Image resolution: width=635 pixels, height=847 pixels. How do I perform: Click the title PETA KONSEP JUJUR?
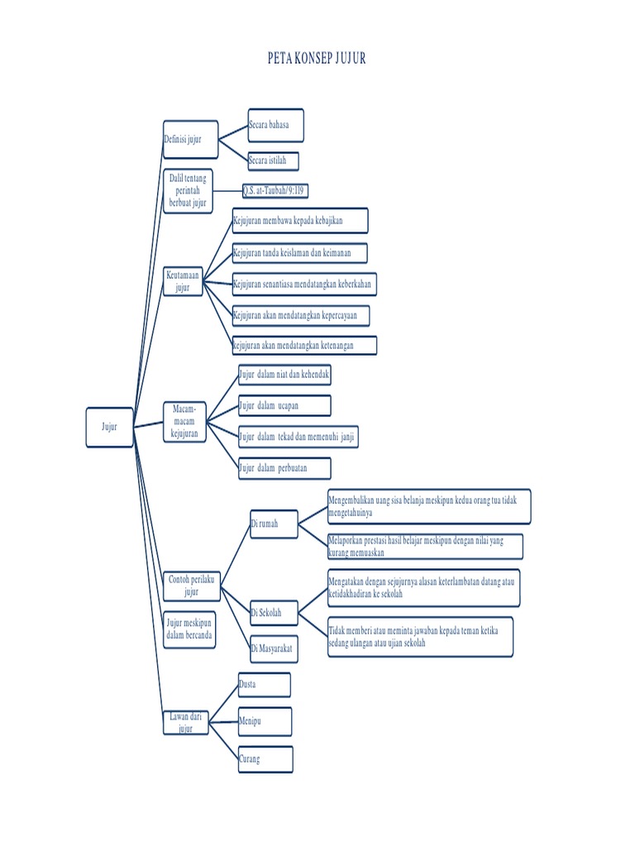tap(317, 59)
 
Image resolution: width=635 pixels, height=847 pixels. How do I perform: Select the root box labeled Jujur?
tap(110, 428)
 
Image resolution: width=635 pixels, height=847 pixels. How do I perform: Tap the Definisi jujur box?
tap(191, 139)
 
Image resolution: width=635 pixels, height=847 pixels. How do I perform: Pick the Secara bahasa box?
tap(276, 126)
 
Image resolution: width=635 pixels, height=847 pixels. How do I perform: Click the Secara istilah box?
tap(273, 161)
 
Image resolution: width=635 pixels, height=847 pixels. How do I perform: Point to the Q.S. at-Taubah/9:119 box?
tap(275, 191)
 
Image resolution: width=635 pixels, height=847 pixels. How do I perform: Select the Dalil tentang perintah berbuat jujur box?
tap(188, 191)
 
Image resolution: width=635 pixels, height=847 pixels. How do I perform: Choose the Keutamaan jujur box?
tap(183, 281)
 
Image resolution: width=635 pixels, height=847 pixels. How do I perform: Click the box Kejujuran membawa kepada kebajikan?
tap(300, 220)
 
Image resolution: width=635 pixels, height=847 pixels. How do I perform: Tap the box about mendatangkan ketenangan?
tap(304, 345)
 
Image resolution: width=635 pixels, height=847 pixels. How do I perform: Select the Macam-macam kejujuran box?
tap(184, 422)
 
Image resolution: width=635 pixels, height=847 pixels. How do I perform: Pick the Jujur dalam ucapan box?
tap(284, 405)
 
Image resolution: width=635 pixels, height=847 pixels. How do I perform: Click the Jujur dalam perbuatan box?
tap(284, 468)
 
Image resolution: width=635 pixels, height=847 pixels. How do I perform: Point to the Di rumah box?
tap(275, 524)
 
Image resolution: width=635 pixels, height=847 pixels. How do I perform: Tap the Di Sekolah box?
tap(275, 613)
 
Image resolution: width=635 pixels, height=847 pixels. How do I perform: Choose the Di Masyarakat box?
tap(275, 648)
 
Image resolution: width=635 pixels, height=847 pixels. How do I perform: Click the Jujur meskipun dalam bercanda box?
tap(189, 629)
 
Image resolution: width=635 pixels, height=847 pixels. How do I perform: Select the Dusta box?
tap(265, 685)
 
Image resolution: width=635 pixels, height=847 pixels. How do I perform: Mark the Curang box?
tap(265, 759)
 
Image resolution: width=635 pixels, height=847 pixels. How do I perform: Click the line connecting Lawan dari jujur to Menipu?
tap(223, 721)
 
